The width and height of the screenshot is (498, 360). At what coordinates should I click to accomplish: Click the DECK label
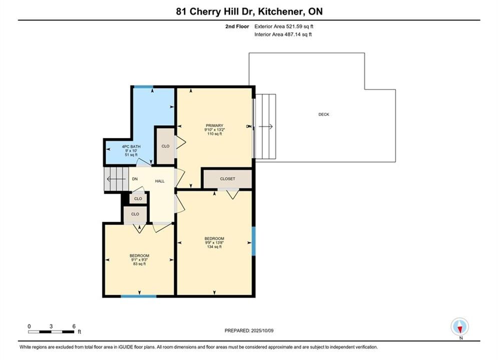click(x=324, y=114)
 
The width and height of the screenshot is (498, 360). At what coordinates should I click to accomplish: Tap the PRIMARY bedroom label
click(x=214, y=125)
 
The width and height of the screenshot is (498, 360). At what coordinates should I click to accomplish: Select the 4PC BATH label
click(x=131, y=146)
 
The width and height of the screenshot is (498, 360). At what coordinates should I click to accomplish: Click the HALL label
click(x=160, y=181)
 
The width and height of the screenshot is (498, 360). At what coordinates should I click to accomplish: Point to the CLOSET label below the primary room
click(x=227, y=179)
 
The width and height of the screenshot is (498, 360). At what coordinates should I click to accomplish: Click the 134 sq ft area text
click(x=214, y=247)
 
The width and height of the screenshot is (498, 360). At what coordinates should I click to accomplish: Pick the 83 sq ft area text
click(x=140, y=264)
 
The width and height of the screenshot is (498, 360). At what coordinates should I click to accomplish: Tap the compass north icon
click(x=459, y=326)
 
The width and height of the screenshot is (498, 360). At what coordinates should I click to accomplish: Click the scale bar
click(x=51, y=332)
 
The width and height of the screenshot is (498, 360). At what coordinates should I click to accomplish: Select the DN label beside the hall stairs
click(x=135, y=179)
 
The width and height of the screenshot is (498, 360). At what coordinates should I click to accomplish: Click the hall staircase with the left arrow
click(x=116, y=179)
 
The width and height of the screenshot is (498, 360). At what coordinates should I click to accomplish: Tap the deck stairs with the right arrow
click(x=266, y=126)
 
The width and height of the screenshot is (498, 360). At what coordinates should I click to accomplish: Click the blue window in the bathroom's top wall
click(x=143, y=87)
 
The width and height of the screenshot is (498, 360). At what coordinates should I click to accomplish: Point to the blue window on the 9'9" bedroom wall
click(x=253, y=241)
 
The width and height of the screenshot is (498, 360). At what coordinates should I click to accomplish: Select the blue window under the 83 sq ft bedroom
click(x=139, y=296)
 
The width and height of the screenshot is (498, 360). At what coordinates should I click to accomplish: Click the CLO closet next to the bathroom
click(x=166, y=146)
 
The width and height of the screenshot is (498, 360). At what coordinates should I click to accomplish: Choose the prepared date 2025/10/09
click(x=262, y=330)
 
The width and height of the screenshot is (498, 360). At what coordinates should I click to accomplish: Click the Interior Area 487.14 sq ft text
click(x=283, y=34)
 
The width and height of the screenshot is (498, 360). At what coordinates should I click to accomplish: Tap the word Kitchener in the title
click(x=280, y=11)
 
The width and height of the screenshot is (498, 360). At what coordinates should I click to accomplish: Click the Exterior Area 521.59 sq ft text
click(x=284, y=26)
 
